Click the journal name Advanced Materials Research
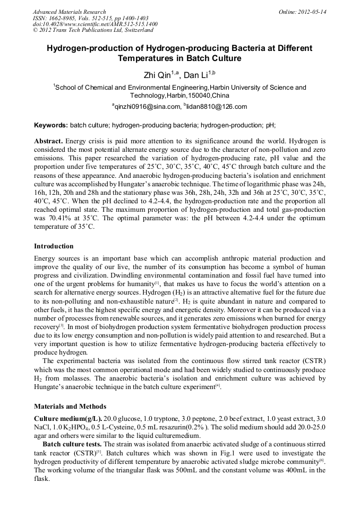tap(69, 12)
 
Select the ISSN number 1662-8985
tap(65, 18)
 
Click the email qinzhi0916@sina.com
tap(147, 107)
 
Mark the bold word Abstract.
tap(49, 142)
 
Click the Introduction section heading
tap(54, 246)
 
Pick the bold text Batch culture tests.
tap(72, 444)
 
